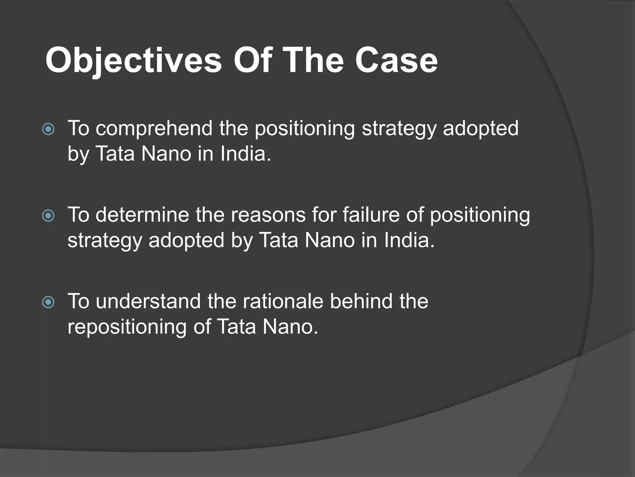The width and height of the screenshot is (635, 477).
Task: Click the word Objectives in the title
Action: [133, 61]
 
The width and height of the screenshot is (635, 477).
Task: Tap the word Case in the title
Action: [396, 61]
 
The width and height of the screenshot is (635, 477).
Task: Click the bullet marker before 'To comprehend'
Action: [48, 129]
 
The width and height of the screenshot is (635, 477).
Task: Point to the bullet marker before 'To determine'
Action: [48, 216]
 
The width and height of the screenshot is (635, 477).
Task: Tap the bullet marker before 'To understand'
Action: [48, 302]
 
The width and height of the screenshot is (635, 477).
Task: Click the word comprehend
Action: [154, 129]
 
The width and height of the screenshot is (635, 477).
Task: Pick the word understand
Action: [148, 301]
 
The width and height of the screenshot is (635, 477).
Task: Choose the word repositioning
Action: [127, 327]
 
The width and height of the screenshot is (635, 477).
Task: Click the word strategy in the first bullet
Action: [399, 129]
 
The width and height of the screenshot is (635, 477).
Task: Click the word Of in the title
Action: [253, 61]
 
